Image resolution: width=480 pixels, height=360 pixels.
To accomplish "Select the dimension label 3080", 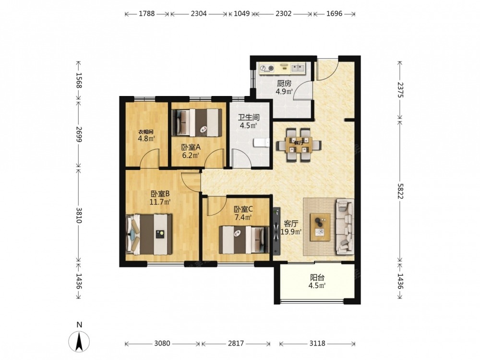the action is point(162,344).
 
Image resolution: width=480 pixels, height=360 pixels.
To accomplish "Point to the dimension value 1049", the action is point(241,14).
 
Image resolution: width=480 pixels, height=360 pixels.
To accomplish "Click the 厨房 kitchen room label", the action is point(284,83).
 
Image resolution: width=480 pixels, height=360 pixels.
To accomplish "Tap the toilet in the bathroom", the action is point(262,143).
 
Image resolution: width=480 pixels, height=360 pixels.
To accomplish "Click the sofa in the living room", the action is point(345,227).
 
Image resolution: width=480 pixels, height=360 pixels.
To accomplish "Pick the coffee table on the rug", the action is point(320,227).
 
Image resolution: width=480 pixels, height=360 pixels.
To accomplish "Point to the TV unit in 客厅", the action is point(277,231).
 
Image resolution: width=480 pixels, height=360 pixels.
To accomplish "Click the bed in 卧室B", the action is point(149,234).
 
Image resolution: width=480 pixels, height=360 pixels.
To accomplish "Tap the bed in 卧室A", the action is point(197,122).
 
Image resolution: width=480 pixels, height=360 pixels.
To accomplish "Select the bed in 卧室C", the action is point(244,240).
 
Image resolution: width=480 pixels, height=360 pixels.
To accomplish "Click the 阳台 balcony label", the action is point(317,277).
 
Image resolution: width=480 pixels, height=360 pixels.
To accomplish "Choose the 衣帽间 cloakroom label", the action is point(145,132).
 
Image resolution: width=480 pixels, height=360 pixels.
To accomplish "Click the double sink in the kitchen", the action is point(298,68).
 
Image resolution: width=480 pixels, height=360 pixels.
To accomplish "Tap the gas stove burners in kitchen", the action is point(267,68).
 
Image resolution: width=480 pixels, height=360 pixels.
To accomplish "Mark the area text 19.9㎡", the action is point(291,232).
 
